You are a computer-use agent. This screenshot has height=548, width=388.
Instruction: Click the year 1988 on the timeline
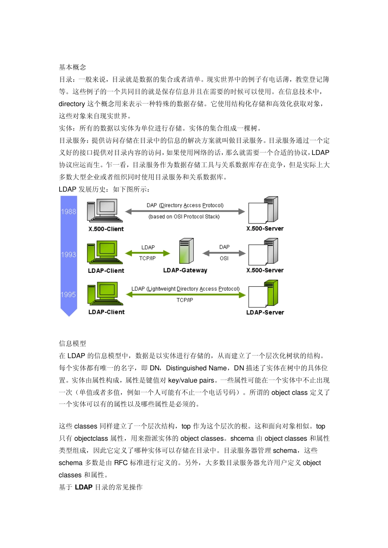tap(69, 212)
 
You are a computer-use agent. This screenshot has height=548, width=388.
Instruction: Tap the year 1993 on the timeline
tap(69, 255)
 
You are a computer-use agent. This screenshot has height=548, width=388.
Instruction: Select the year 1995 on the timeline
tap(68, 295)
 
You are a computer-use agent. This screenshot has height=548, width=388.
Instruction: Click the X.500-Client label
tap(106, 229)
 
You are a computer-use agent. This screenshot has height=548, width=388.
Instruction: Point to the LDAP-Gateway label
tap(185, 270)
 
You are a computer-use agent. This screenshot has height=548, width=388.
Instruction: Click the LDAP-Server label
tap(265, 313)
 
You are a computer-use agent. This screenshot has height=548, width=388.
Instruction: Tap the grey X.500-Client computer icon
tap(105, 211)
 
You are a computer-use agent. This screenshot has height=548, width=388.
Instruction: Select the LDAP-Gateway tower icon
tap(186, 251)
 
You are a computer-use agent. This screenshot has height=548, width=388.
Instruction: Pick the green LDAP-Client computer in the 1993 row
tap(105, 252)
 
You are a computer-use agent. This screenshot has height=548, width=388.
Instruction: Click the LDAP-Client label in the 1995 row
tap(106, 312)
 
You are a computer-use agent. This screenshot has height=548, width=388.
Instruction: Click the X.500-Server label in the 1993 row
tap(265, 270)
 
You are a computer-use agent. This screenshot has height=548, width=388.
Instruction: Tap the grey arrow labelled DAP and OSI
tap(224, 253)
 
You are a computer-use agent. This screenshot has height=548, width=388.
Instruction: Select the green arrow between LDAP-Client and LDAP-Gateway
tap(147, 253)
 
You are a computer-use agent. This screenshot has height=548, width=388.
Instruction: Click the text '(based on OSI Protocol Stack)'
tap(184, 217)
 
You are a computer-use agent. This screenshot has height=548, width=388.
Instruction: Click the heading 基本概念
tap(72, 67)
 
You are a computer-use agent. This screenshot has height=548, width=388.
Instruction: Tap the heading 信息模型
tap(72, 344)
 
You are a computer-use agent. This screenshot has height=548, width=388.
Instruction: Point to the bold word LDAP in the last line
tap(84, 487)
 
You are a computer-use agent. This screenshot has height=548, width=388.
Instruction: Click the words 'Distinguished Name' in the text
tap(196, 368)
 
